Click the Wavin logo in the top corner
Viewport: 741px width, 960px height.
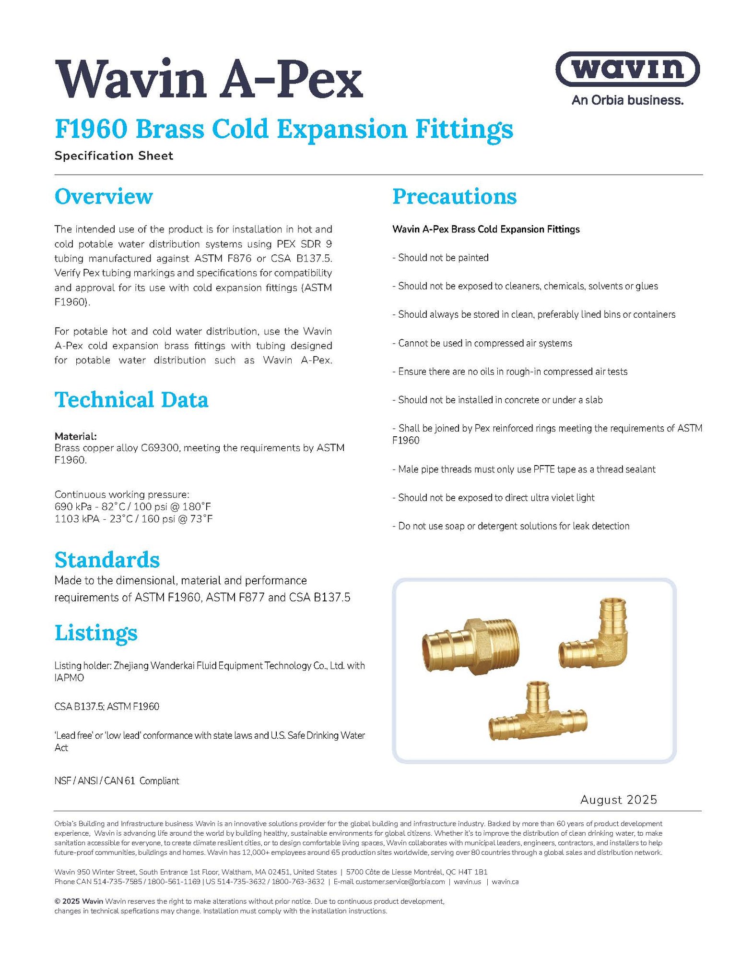[x=627, y=69]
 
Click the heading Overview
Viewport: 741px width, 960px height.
[x=104, y=196]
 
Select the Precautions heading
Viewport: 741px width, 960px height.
[x=454, y=196]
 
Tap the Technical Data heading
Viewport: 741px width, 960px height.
[x=131, y=400]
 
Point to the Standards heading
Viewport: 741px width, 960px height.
[x=107, y=560]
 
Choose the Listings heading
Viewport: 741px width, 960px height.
[x=96, y=633]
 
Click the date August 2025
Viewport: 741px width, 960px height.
[x=618, y=800]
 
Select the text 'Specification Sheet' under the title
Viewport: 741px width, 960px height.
[x=114, y=156]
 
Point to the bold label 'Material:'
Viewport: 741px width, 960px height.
[x=76, y=436]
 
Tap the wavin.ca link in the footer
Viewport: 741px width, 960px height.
[x=505, y=882]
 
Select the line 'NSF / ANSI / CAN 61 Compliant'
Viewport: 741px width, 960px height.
[x=117, y=781]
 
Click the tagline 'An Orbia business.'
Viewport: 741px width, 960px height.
[x=627, y=100]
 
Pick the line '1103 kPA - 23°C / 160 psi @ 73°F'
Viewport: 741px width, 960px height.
[x=133, y=519]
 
